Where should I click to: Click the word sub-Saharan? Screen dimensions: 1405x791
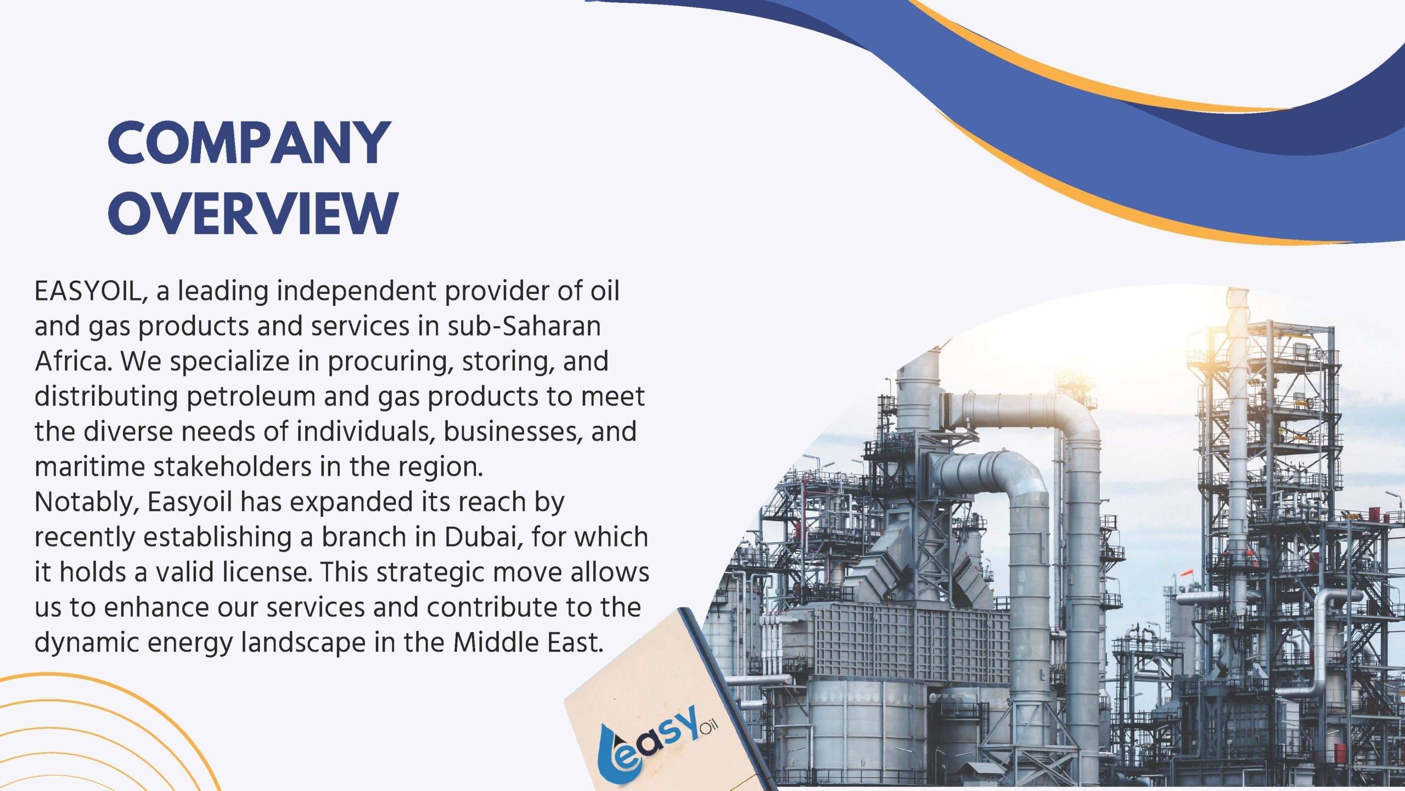coord(524,326)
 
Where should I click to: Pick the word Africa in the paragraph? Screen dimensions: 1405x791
coord(73,361)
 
